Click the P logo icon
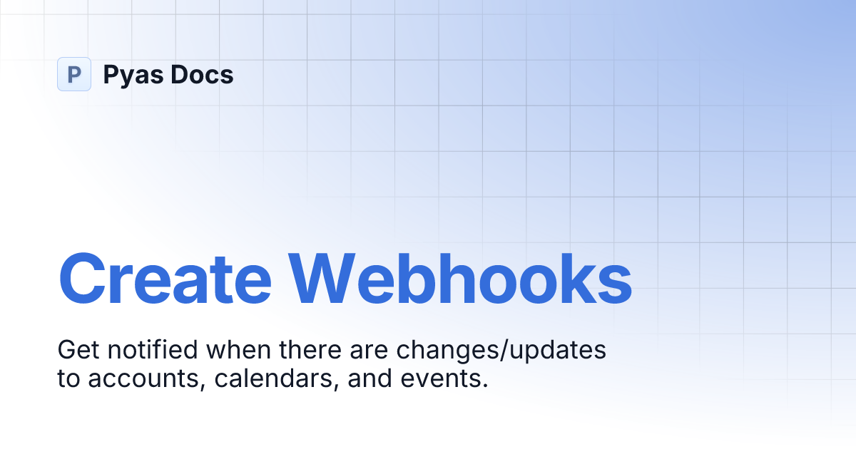point(73,74)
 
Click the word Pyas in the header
point(131,75)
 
